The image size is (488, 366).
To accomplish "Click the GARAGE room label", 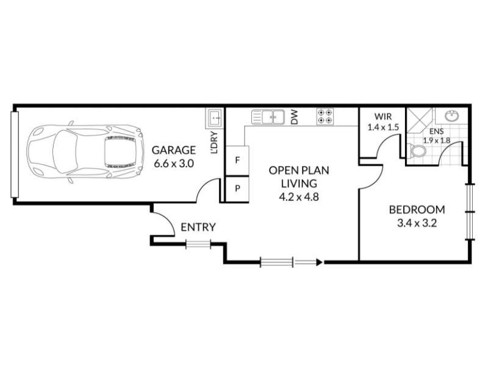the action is pyautogui.click(x=174, y=150).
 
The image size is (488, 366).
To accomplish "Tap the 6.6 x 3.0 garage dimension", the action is pyautogui.click(x=174, y=163).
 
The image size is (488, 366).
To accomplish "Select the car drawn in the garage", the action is pyautogui.click(x=85, y=151).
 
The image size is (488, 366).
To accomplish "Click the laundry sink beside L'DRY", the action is pyautogui.click(x=214, y=118).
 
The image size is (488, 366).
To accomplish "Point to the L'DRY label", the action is pyautogui.click(x=214, y=143).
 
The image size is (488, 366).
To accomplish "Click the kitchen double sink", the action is pyautogui.click(x=268, y=117).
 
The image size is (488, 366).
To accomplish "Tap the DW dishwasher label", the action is pyautogui.click(x=295, y=117).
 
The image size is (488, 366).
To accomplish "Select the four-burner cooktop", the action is pyautogui.click(x=325, y=117).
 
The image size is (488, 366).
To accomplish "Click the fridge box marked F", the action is pyautogui.click(x=237, y=161).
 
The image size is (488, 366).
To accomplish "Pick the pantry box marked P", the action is pyautogui.click(x=237, y=189).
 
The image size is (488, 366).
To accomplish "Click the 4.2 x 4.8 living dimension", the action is pyautogui.click(x=299, y=197).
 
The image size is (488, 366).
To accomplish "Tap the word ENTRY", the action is pyautogui.click(x=198, y=227).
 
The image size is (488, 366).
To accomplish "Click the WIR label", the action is pyautogui.click(x=383, y=117).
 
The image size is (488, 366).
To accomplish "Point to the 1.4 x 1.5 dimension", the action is pyautogui.click(x=383, y=127).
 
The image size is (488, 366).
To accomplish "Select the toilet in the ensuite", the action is pyautogui.click(x=417, y=152).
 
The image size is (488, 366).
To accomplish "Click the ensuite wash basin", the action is pyautogui.click(x=451, y=116).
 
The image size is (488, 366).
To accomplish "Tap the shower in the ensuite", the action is pyautogui.click(x=420, y=120).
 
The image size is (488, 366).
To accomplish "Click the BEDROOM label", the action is pyautogui.click(x=417, y=210).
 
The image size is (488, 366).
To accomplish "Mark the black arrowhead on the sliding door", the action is pyautogui.click(x=320, y=262).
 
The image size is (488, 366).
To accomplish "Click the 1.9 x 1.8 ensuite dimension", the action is pyautogui.click(x=437, y=141).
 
